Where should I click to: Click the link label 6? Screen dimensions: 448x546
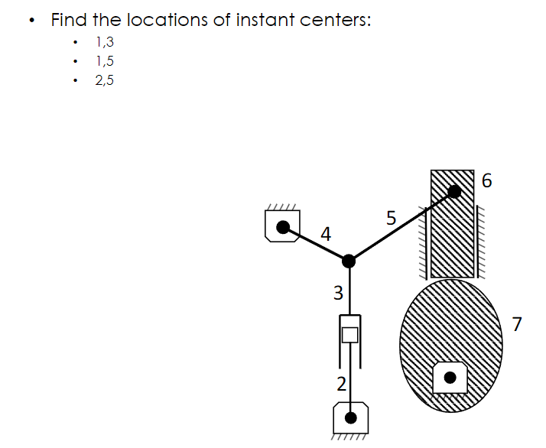[489, 181]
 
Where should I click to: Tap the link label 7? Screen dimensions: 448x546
[517, 324]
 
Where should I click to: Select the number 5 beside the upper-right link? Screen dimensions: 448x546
[391, 219]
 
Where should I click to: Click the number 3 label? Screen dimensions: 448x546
[338, 292]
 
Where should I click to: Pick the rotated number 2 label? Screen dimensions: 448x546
[342, 382]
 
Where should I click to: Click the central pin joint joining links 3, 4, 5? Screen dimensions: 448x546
[349, 261]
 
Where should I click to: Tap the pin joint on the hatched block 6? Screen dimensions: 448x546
[453, 191]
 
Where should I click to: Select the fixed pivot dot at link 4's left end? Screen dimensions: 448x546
[283, 226]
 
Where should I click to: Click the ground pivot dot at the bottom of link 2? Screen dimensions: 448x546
[351, 417]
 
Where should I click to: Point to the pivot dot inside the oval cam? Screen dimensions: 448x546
[450, 377]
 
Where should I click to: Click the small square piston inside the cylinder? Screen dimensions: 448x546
[350, 334]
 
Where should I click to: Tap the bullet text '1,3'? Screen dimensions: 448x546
[104, 42]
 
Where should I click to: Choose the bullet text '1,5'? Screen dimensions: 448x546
[104, 61]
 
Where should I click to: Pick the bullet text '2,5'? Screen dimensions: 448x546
[104, 80]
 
